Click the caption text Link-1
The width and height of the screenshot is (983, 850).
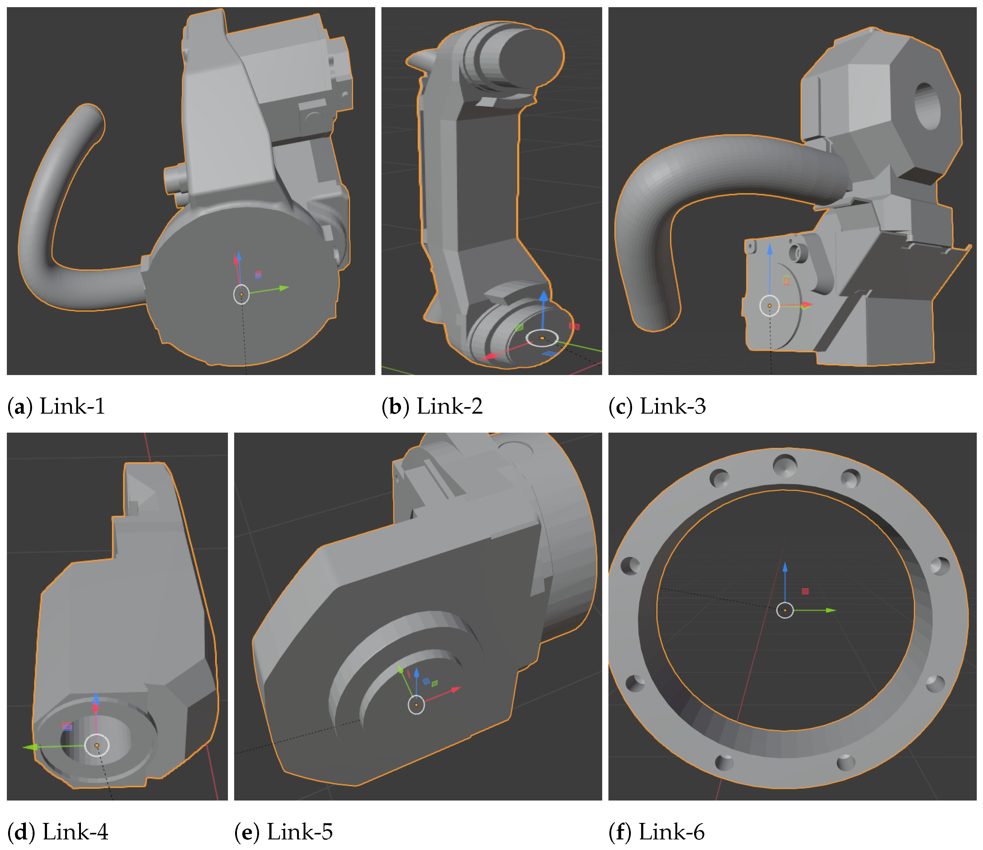pos(72,406)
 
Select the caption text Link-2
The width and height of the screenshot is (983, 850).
pos(449,406)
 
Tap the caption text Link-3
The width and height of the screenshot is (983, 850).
pos(673,406)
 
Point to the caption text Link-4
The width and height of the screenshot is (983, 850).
pos(75,832)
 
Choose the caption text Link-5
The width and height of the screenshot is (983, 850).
pos(300,832)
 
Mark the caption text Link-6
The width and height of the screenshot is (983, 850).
pos(671,832)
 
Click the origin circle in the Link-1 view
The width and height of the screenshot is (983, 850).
pos(242,294)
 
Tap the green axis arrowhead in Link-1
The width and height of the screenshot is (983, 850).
pos(284,288)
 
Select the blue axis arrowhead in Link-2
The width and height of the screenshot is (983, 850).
pos(544,296)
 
